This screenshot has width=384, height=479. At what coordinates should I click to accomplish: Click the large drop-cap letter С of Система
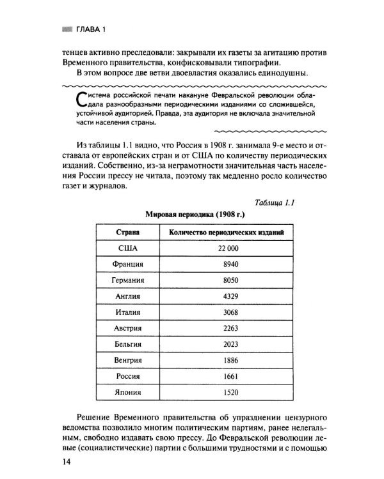pos(79,100)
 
